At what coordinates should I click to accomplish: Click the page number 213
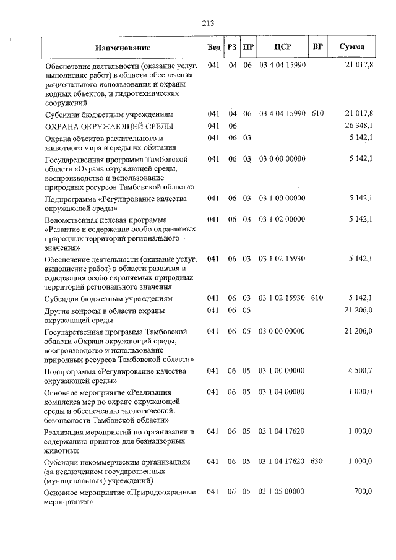click(207, 24)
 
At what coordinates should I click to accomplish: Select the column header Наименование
click(123, 48)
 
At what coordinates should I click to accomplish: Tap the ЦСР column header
click(282, 47)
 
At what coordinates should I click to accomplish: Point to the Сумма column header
click(351, 47)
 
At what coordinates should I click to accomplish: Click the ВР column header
click(317, 47)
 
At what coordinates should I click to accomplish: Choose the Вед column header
click(213, 47)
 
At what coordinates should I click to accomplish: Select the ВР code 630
click(317, 462)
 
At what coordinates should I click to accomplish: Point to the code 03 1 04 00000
click(282, 392)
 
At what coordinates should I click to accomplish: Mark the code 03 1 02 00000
click(282, 220)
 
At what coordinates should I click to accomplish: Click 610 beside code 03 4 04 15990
click(317, 114)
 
